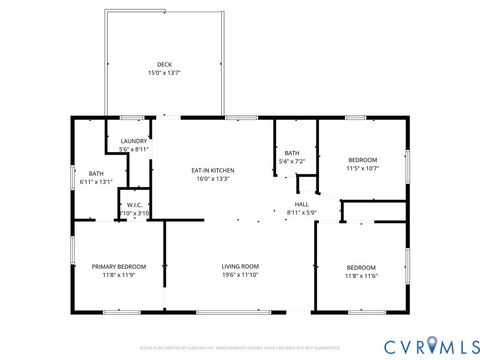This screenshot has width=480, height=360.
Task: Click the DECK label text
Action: click(163, 64)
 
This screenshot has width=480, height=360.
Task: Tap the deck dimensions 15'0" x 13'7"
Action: click(163, 73)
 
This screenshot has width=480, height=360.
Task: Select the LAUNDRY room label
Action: click(133, 141)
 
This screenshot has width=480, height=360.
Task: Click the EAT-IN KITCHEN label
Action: click(213, 170)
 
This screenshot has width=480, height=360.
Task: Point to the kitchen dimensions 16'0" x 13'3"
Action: click(213, 179)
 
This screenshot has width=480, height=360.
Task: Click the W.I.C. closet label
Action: click(134, 204)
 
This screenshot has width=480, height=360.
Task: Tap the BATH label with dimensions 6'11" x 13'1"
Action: click(95, 173)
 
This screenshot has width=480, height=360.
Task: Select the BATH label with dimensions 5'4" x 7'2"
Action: click(292, 152)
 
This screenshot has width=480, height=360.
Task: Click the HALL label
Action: click(300, 203)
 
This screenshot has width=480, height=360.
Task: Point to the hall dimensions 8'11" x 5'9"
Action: click(300, 212)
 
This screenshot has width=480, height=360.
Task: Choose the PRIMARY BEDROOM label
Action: click(119, 266)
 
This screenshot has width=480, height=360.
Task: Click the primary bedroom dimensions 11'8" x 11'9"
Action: click(119, 275)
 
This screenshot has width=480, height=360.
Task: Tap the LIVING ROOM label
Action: click(240, 266)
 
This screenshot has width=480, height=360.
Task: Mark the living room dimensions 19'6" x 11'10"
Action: click(240, 275)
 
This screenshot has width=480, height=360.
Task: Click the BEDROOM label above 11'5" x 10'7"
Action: click(362, 160)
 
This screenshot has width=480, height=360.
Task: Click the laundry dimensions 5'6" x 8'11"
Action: click(133, 150)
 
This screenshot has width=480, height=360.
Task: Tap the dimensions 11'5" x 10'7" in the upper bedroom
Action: click(362, 169)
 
